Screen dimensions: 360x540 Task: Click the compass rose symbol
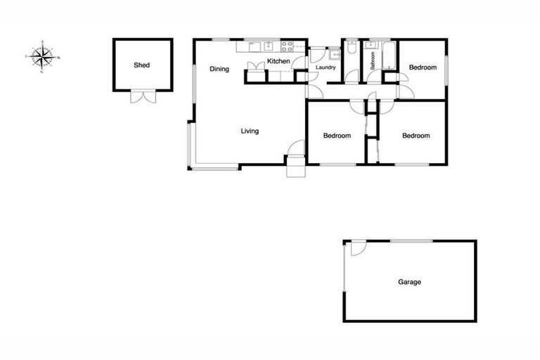(x=44, y=55)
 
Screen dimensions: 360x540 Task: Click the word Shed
(x=142, y=65)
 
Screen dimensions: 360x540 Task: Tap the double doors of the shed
(x=143, y=98)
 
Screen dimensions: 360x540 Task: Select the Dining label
(x=219, y=69)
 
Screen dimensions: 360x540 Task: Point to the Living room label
(x=250, y=131)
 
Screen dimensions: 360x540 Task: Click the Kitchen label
(x=278, y=63)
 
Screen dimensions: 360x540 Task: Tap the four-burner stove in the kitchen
(x=288, y=48)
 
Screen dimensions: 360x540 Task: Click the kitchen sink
(x=268, y=48)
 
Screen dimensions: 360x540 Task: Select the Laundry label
(x=326, y=67)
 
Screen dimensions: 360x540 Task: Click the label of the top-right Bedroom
(x=423, y=67)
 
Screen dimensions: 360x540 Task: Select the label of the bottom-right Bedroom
(x=415, y=136)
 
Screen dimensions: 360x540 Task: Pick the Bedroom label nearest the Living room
(x=336, y=136)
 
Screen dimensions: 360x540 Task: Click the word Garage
(x=410, y=282)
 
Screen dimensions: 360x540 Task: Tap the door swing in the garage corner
(x=356, y=250)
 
